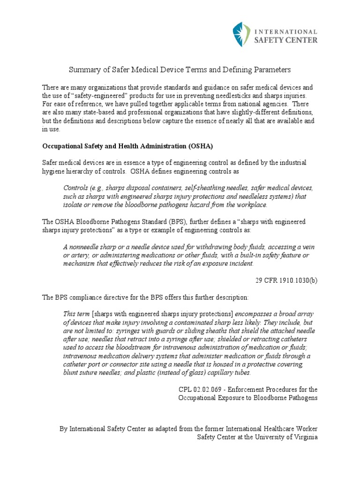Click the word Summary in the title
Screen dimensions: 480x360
coord(82,70)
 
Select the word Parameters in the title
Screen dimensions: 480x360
coord(272,70)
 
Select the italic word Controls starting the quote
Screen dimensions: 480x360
coord(75,188)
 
